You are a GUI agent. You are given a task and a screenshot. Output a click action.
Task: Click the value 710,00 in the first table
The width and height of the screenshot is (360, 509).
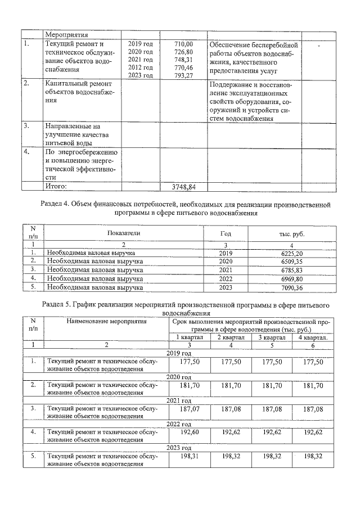pos(183,44)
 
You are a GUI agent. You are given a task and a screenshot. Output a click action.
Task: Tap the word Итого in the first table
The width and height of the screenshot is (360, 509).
pos(56,186)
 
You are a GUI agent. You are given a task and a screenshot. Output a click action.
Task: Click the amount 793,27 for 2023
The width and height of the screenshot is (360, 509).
pos(183,76)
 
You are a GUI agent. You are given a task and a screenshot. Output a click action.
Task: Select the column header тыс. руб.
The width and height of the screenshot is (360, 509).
pos(291,233)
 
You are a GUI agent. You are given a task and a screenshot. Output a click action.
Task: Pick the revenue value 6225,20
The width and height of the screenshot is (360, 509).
pos(291,253)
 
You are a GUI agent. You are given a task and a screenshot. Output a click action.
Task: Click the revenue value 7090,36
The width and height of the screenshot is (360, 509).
pos(291,287)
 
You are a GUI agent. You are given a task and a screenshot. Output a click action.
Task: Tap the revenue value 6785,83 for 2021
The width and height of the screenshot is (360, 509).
pos(291,270)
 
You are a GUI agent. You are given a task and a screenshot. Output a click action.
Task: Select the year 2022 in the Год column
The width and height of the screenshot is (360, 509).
pos(224,278)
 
